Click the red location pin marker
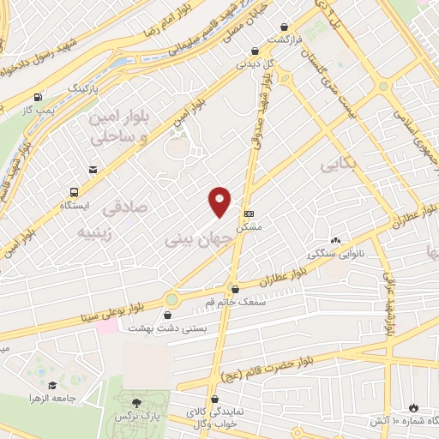coord(220,200)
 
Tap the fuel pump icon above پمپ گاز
coord(37,97)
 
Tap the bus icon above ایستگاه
coord(74,192)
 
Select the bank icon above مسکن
coord(250,213)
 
